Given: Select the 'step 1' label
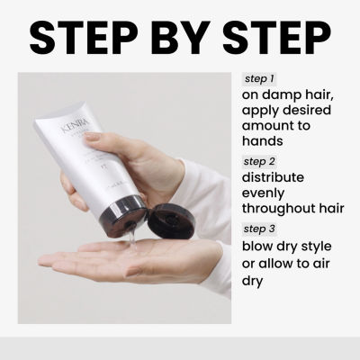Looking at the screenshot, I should coord(260,78).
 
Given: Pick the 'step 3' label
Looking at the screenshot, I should coord(261,229).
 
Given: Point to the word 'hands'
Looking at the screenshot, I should coord(263,141).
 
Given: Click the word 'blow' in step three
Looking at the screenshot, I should coord(258,246).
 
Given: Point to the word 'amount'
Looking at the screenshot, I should coord(269,125).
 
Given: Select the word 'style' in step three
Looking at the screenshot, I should coord(320,246).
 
